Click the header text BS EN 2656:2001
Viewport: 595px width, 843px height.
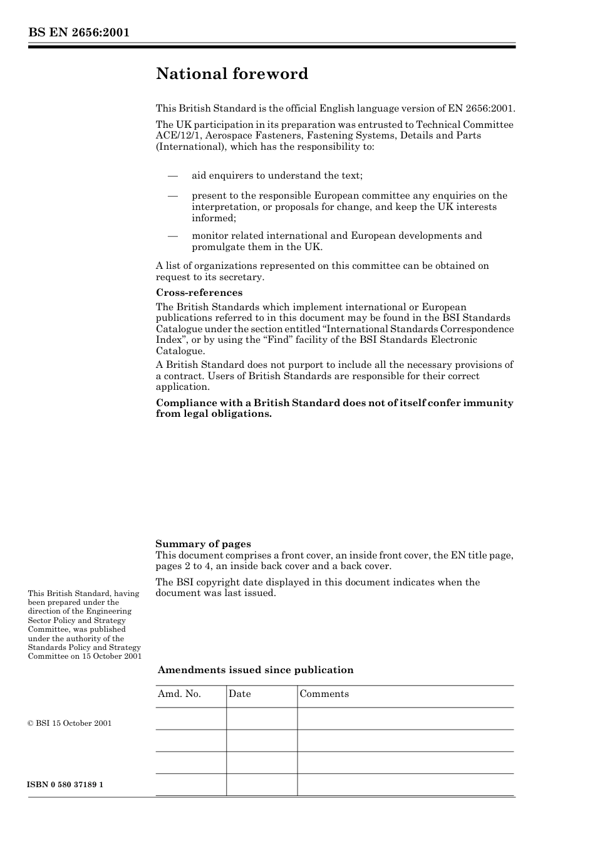click(x=78, y=33)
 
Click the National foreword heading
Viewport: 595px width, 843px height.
click(x=232, y=74)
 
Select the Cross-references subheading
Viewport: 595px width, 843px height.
click(x=199, y=293)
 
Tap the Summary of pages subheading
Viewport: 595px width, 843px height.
click(x=203, y=544)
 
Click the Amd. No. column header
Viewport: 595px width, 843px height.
click(x=179, y=694)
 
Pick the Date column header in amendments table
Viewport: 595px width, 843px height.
click(x=239, y=694)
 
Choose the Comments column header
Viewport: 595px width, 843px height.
click(x=324, y=694)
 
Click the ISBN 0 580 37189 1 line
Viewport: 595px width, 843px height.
click(x=65, y=785)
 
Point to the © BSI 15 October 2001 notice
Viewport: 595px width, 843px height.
click(x=70, y=723)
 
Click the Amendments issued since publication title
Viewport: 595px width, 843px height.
click(x=256, y=670)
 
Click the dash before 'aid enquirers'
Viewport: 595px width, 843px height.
click(x=173, y=175)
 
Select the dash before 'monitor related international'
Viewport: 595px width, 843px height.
click(x=173, y=236)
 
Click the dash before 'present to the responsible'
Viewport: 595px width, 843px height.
click(x=173, y=196)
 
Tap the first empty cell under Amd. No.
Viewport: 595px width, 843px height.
click(x=190, y=718)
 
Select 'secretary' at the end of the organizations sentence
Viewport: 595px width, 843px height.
click(x=243, y=277)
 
